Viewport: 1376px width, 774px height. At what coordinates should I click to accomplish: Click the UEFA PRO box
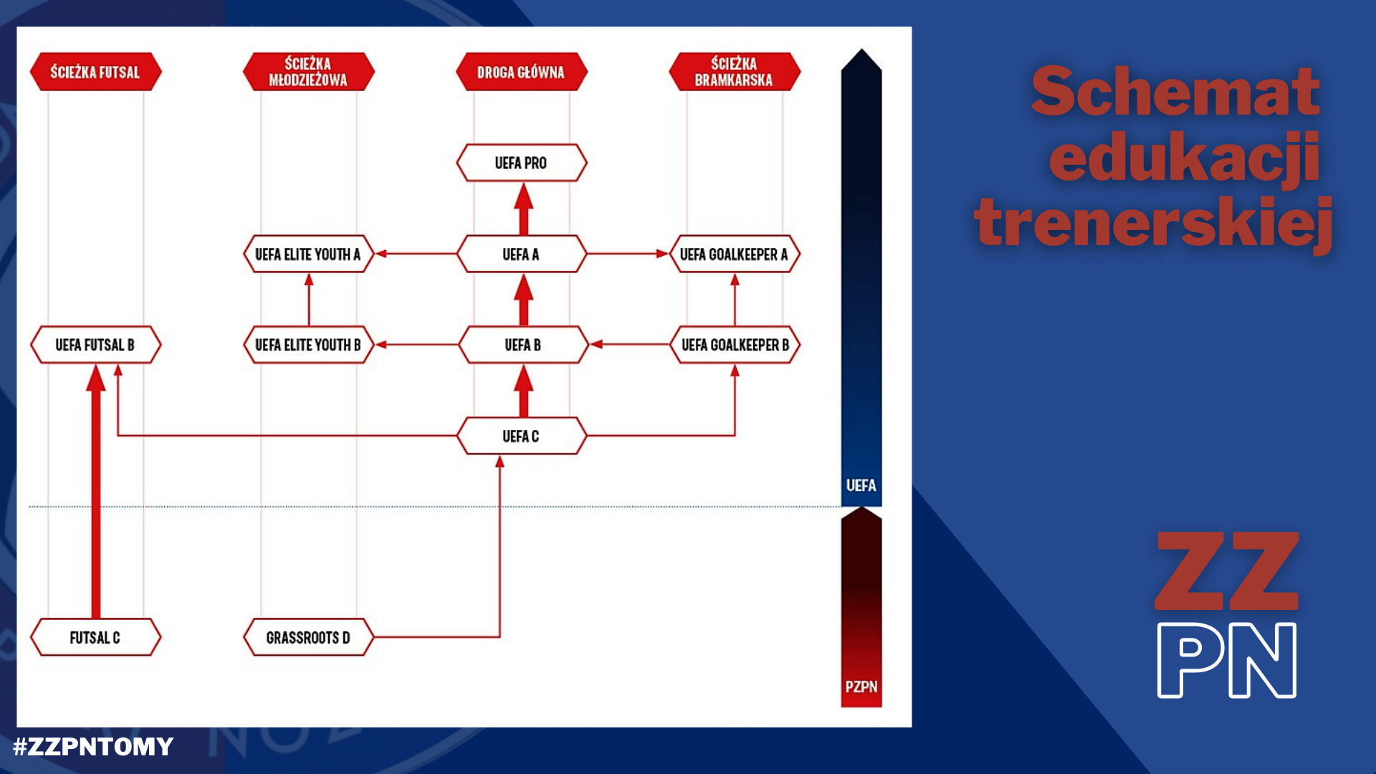[522, 163]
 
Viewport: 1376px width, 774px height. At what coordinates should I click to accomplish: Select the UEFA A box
[522, 254]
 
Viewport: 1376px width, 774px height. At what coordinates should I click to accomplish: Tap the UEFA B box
[523, 345]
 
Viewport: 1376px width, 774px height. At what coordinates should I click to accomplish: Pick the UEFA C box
[522, 436]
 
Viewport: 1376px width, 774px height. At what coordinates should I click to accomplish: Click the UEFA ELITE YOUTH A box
[309, 254]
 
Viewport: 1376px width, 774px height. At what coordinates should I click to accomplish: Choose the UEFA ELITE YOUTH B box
[309, 345]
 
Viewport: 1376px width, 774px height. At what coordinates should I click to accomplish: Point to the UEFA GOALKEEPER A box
[735, 254]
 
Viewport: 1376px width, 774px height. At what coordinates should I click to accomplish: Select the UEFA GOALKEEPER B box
[735, 345]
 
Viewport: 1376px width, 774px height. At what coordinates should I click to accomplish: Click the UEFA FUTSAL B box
[96, 345]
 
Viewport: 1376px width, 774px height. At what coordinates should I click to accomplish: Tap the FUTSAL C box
[96, 637]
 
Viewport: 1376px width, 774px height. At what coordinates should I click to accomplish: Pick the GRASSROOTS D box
[309, 637]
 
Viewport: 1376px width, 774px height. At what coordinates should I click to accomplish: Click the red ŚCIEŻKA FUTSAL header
[96, 72]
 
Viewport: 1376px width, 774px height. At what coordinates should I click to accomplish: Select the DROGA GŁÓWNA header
[522, 72]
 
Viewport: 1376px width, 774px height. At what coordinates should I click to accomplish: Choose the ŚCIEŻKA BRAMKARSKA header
[735, 72]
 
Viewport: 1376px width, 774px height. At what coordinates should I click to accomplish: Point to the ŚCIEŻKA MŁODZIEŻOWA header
[309, 72]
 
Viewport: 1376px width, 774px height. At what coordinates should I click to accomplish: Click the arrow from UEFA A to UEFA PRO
[524, 209]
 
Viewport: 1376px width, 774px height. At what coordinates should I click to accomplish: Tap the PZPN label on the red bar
[861, 687]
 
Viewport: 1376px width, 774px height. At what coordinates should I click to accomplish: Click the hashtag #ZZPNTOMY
[93, 747]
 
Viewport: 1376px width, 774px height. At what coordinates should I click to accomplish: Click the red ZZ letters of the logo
[1227, 571]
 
